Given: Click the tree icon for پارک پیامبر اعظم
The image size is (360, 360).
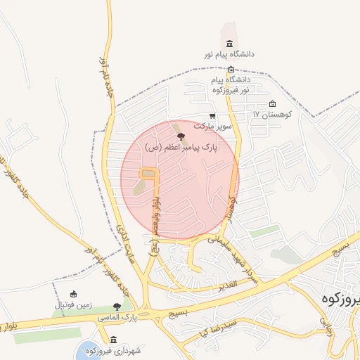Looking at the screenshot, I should click(x=181, y=136).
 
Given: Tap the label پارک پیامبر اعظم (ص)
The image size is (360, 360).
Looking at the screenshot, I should click(x=181, y=148).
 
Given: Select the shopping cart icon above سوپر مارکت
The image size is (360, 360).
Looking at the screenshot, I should click(x=212, y=116).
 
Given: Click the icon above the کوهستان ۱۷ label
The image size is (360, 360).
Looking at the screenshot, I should click(x=272, y=104).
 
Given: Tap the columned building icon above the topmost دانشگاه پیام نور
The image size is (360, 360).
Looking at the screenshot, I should click(x=229, y=44).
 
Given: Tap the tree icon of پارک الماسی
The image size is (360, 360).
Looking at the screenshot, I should click(x=117, y=307).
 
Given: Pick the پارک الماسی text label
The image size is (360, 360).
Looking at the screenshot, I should click(x=117, y=319).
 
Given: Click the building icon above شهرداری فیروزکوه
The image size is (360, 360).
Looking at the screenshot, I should click(x=114, y=339).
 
